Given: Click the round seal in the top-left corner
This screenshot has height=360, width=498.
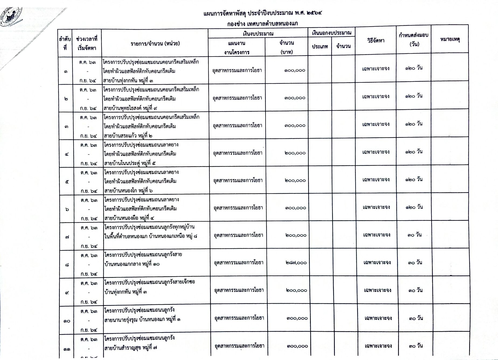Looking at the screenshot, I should pyautogui.click(x=11, y=17).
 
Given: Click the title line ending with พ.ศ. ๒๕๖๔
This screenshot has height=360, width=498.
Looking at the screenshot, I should pyautogui.click(x=263, y=13).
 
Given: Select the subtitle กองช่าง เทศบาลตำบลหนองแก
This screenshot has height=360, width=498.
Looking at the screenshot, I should pyautogui.click(x=262, y=24).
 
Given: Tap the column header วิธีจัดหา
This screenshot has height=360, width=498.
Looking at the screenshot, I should pyautogui.click(x=376, y=41).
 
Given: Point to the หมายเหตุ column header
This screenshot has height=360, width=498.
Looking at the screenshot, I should pyautogui.click(x=450, y=39).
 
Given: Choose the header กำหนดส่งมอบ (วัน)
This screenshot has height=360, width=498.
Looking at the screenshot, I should pyautogui.click(x=414, y=39).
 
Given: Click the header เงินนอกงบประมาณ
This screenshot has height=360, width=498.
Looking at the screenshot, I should pyautogui.click(x=332, y=33).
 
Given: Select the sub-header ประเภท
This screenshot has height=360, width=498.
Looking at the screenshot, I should pyautogui.click(x=320, y=46).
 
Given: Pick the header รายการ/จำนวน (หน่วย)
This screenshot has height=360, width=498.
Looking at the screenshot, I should pyautogui.click(x=155, y=43).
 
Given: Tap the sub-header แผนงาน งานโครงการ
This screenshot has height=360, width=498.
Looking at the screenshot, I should pyautogui.click(x=236, y=48).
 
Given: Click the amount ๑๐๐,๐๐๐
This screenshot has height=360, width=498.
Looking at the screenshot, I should pyautogui.click(x=295, y=70).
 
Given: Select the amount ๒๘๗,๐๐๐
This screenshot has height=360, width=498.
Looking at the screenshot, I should pyautogui.click(x=296, y=263).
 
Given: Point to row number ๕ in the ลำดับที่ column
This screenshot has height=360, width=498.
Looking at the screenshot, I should pyautogui.click(x=67, y=182).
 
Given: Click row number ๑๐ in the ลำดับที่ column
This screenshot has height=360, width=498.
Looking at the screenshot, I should pyautogui.click(x=67, y=321).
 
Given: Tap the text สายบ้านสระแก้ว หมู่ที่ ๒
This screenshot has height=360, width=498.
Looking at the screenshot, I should pyautogui.click(x=128, y=136).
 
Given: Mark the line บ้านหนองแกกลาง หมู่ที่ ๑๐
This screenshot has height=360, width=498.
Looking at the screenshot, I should pyautogui.click(x=132, y=264).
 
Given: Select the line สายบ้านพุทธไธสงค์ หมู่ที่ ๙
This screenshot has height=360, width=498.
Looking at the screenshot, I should pyautogui.click(x=130, y=108).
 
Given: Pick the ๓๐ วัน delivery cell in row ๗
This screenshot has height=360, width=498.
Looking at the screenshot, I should pyautogui.click(x=415, y=235).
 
